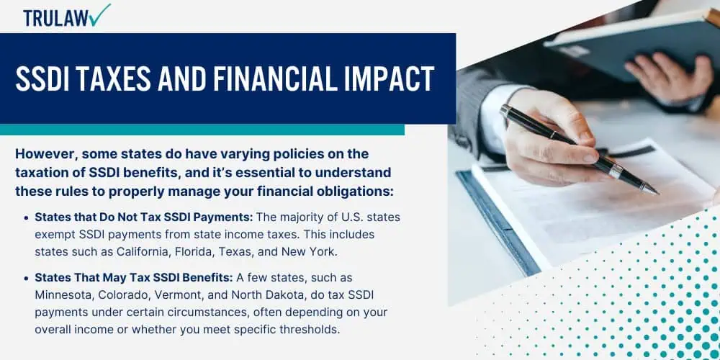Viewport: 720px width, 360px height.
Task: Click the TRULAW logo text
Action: click(56, 18)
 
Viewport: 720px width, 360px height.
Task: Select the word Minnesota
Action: click(63, 294)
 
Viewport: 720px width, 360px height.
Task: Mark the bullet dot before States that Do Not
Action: click(26, 217)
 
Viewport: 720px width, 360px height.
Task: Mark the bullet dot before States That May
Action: click(26, 278)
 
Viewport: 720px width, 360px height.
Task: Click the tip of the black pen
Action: click(657, 193)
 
